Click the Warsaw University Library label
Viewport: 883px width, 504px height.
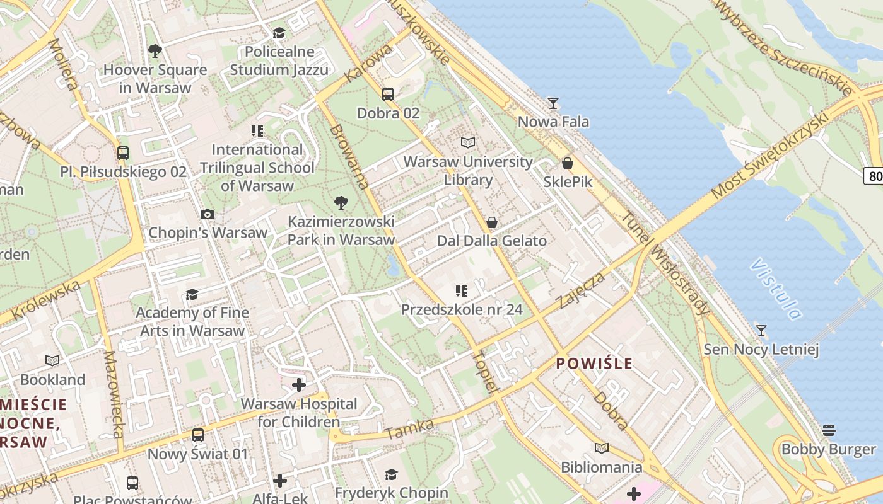click(x=468, y=171)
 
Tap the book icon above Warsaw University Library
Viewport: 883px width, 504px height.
click(x=467, y=143)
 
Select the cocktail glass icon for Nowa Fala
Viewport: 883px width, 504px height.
click(x=553, y=103)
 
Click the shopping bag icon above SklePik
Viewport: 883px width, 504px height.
click(x=568, y=163)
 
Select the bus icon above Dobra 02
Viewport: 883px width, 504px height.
click(x=388, y=94)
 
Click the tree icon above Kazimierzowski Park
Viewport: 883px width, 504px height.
click(x=341, y=203)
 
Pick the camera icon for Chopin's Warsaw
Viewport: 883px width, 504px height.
click(x=208, y=214)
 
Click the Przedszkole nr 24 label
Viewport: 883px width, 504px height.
click(x=462, y=309)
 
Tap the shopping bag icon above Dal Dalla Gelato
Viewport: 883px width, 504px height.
click(x=492, y=222)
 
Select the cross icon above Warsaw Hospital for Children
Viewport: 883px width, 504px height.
click(x=299, y=385)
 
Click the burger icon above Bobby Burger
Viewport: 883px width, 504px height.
click(x=829, y=430)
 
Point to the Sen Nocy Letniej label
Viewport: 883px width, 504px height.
click(x=761, y=350)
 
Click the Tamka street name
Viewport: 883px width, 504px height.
click(x=410, y=429)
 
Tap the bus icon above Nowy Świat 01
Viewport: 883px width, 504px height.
click(x=198, y=435)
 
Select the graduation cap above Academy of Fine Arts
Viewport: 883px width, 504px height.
click(x=192, y=294)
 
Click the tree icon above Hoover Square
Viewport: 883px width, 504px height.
click(x=155, y=51)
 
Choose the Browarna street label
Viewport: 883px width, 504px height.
click(x=349, y=157)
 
